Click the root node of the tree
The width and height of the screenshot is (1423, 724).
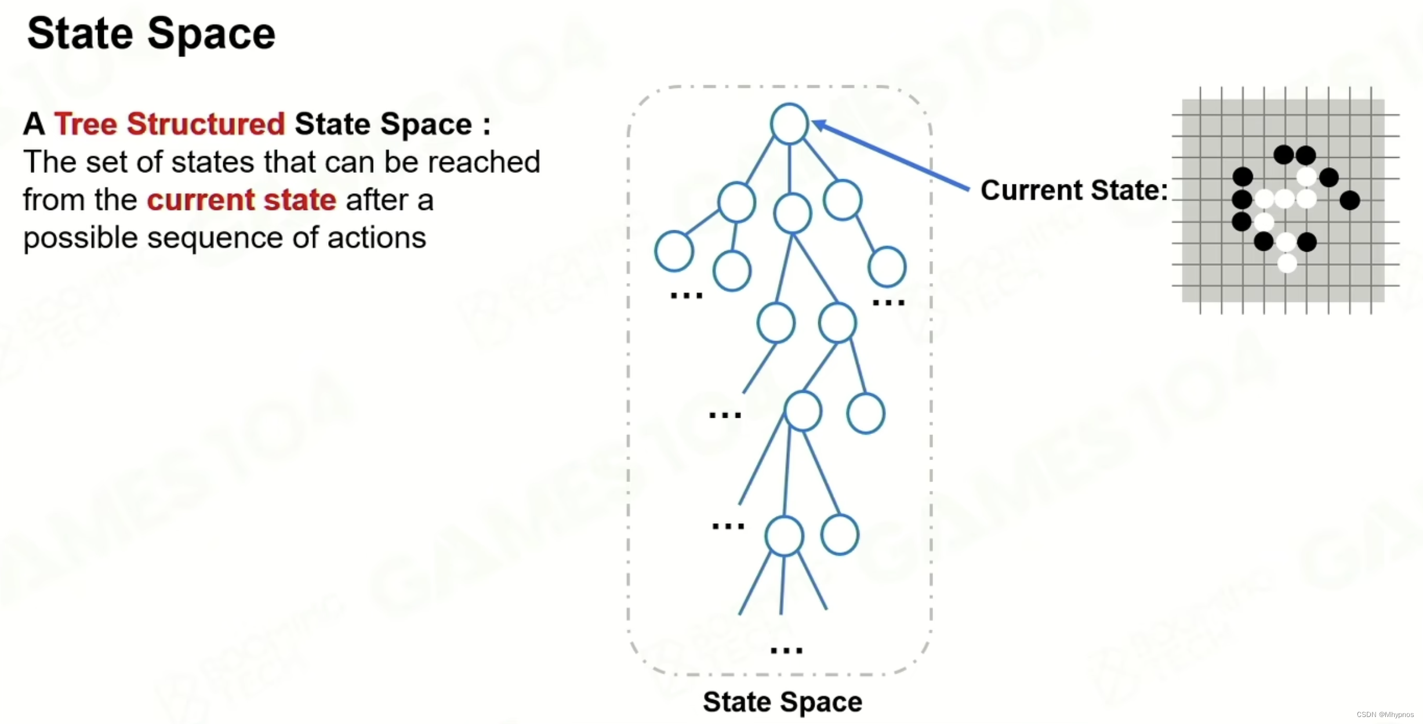click(x=789, y=124)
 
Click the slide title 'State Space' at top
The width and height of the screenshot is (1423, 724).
click(x=151, y=34)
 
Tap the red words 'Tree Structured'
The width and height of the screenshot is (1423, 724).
click(x=169, y=124)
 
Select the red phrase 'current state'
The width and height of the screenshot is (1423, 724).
click(x=241, y=200)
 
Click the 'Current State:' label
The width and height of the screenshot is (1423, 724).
click(x=1074, y=190)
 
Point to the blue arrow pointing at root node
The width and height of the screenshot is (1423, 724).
click(x=890, y=155)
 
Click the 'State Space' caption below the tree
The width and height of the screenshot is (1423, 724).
click(x=782, y=702)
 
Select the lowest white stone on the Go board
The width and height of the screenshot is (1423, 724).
click(x=1287, y=263)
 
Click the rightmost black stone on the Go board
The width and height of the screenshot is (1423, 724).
click(x=1350, y=200)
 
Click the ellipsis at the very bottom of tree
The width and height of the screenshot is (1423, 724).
click(x=786, y=650)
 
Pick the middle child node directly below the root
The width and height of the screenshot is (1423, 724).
click(x=792, y=213)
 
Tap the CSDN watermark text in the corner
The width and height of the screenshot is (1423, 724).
click(x=1385, y=715)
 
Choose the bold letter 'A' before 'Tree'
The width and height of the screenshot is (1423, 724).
click(x=34, y=124)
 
